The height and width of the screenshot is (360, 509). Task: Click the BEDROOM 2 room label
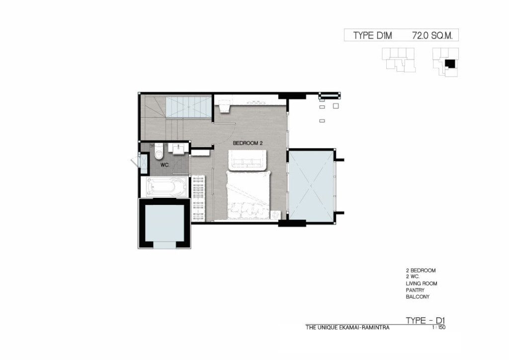coord(248,143)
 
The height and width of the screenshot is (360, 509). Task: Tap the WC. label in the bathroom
coord(165,165)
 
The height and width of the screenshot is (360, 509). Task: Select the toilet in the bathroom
coord(159,151)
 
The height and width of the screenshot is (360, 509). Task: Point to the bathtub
coord(167,186)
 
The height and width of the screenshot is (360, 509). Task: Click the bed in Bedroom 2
coord(249,195)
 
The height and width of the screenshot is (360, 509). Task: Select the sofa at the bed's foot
coord(248,160)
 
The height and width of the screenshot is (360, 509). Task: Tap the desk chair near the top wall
coord(224,106)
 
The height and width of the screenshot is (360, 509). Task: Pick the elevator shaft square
coord(164,223)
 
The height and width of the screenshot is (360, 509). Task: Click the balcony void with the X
coord(311,185)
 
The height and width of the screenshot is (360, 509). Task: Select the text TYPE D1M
coord(372,35)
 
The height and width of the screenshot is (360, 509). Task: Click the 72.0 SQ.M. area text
coord(432,35)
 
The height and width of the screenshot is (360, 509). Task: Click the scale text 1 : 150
coord(438,327)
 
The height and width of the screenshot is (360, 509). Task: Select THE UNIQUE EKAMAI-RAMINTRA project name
coord(347,328)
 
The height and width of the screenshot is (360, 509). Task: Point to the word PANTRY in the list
coord(415,290)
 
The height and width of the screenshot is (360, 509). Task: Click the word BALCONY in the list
coord(418,297)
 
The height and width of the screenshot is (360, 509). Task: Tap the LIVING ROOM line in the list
coord(422,283)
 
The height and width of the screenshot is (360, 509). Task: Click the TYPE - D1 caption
coord(425,320)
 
